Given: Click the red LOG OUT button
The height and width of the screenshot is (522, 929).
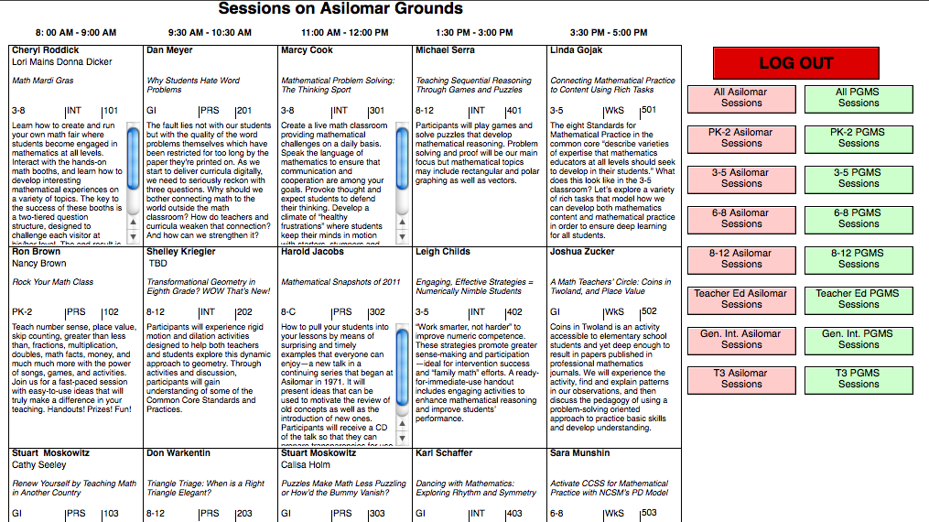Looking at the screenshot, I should (x=795, y=63).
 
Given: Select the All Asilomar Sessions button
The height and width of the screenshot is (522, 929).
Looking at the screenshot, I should (x=741, y=98).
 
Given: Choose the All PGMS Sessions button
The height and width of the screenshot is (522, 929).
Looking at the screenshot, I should (x=859, y=98).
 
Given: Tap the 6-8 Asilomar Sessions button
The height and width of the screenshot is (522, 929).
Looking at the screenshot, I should (x=741, y=219).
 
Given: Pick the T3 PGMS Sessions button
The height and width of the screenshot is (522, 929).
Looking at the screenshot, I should (x=859, y=379).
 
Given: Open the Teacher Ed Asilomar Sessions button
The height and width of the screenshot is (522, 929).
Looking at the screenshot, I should (x=741, y=299).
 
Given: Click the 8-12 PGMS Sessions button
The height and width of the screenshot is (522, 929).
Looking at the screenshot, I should (x=859, y=259).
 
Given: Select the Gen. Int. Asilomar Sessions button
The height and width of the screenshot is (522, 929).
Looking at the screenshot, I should (x=741, y=340).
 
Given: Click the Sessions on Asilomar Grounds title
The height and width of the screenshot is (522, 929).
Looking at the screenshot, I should (x=340, y=9).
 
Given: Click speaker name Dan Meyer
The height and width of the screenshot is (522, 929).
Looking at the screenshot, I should (x=170, y=50).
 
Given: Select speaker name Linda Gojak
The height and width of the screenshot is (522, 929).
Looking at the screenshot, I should (x=577, y=50).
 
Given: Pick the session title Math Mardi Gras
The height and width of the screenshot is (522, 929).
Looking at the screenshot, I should (x=42, y=81).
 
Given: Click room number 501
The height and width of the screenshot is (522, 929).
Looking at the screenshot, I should (x=648, y=111).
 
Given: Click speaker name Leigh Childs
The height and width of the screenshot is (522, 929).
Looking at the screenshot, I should (x=443, y=252).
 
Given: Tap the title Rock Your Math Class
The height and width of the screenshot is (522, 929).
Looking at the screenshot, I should (x=53, y=282).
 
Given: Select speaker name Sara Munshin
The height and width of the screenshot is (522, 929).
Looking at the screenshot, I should (x=580, y=453).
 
